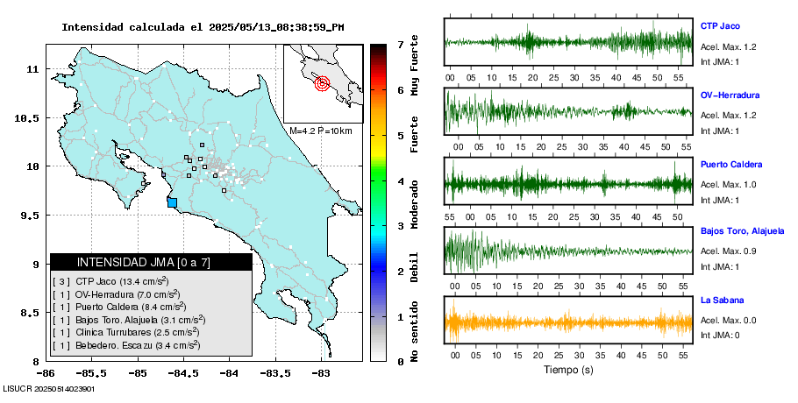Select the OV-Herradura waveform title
pos(730,95)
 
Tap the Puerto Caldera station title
pos(731,165)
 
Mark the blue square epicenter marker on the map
pos(172,203)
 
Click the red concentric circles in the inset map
pos(321,84)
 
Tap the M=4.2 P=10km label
pos(320,131)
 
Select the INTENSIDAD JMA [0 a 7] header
pos(151,262)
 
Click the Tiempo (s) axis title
pos(568,370)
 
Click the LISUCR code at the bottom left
pos(48,388)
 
